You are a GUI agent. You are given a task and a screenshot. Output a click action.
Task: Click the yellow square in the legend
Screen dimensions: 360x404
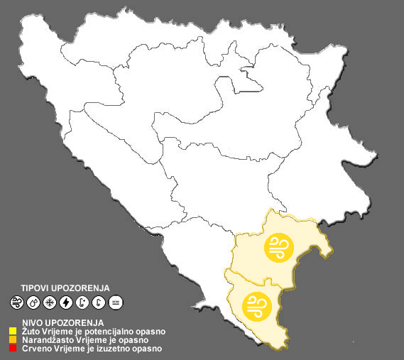tap(13, 330)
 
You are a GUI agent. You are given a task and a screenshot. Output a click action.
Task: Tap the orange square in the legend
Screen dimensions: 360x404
tap(13, 339)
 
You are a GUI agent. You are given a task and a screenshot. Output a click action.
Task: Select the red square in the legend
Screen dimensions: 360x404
tap(13, 349)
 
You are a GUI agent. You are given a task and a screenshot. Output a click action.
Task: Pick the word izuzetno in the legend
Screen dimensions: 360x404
tap(112, 349)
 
